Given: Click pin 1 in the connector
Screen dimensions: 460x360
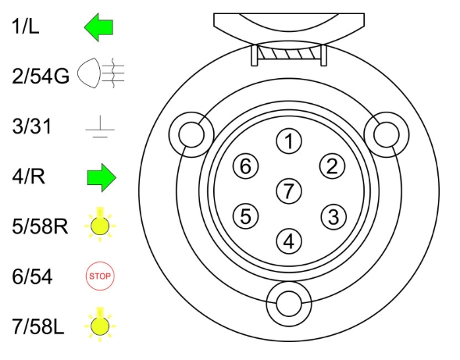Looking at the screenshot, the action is [289, 141].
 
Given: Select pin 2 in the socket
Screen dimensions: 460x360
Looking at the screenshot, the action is [332, 166].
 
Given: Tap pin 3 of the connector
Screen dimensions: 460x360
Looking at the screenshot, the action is [333, 217].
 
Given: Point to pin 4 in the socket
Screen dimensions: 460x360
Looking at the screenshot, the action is [289, 241].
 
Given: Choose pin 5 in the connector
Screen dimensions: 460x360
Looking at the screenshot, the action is [246, 216].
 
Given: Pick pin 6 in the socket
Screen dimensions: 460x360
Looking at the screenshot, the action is [246, 166].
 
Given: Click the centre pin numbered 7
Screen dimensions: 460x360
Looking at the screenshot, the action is [289, 191].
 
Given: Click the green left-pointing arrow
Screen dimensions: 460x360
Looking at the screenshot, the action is [98, 27].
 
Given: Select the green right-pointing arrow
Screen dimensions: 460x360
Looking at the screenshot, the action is [102, 177].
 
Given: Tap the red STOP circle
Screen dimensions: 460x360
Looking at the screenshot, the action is [100, 276].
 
